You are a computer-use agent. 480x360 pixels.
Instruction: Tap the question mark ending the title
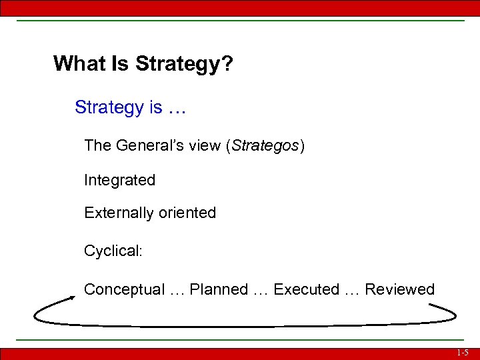pyautogui.click(x=227, y=64)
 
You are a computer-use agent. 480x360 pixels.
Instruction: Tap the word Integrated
pyautogui.click(x=119, y=180)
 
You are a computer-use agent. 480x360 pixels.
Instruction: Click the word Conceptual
pyautogui.click(x=124, y=289)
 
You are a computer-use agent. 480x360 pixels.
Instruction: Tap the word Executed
pyautogui.click(x=307, y=289)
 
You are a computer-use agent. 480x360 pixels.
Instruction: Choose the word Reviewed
pyautogui.click(x=400, y=289)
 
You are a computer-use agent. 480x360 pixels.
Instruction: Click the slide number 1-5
pyautogui.click(x=463, y=353)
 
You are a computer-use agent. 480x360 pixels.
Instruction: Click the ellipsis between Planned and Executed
pyautogui.click(x=261, y=291)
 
